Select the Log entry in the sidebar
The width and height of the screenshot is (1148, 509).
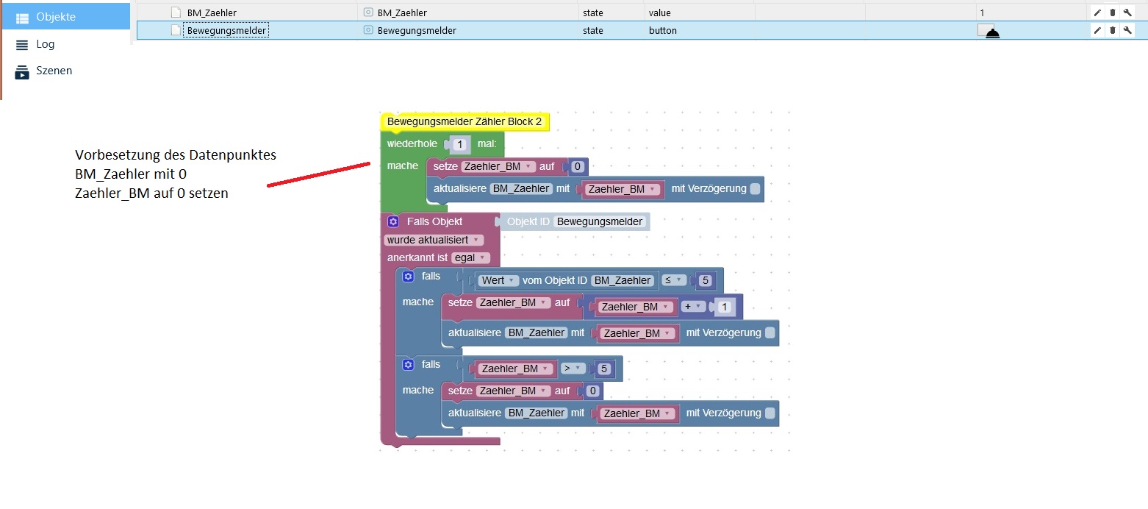click(45, 44)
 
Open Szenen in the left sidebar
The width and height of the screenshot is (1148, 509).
click(54, 71)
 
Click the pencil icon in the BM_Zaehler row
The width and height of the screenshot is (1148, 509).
click(1097, 13)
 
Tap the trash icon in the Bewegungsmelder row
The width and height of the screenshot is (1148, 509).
click(1112, 30)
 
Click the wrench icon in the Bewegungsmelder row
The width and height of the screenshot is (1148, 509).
click(1127, 30)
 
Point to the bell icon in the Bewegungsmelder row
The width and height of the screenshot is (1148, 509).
click(993, 34)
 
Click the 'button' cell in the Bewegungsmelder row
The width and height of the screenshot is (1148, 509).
click(663, 31)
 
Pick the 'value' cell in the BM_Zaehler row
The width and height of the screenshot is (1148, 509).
click(659, 13)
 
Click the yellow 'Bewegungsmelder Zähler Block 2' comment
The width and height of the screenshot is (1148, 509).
click(464, 121)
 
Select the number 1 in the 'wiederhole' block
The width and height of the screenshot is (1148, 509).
click(459, 144)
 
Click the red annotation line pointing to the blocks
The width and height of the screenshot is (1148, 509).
click(318, 174)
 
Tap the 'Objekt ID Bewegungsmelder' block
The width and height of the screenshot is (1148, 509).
click(575, 221)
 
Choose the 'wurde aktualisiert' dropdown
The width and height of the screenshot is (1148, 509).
click(433, 240)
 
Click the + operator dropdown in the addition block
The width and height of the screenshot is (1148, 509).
click(692, 306)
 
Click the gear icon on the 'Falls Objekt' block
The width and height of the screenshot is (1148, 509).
click(393, 221)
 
